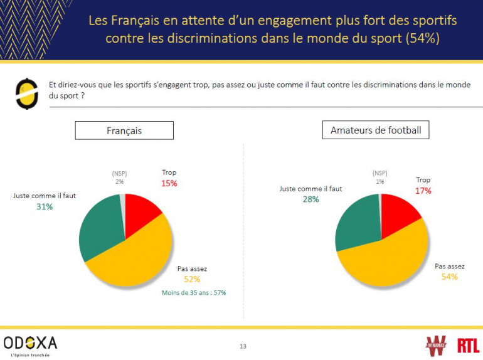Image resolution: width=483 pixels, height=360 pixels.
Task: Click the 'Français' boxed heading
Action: tap(124, 130)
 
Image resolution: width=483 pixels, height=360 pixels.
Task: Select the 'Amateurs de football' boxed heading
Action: tap(376, 130)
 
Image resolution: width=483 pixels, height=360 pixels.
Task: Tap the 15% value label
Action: tap(169, 184)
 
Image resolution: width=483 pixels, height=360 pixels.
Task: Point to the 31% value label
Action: tap(44, 206)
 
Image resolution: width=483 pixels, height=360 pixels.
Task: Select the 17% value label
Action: tap(423, 191)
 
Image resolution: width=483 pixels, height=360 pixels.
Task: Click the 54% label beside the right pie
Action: tap(449, 277)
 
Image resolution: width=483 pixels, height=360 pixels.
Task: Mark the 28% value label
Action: tap(310, 199)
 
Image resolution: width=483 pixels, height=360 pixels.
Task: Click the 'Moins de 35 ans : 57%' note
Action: tap(193, 292)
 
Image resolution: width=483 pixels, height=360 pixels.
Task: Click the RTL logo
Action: tap(468, 345)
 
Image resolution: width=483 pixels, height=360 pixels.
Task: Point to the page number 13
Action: tap(243, 346)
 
